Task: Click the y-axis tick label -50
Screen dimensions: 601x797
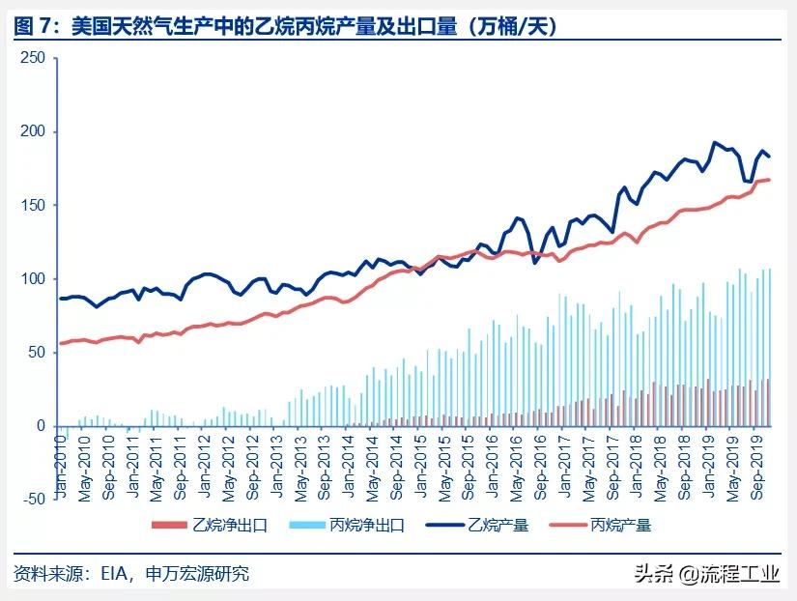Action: point(32,499)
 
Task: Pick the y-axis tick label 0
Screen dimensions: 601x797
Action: point(40,425)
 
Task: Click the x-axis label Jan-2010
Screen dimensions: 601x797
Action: point(61,462)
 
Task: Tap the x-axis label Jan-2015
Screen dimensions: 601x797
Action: point(419,462)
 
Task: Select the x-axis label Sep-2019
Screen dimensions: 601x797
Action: point(757,462)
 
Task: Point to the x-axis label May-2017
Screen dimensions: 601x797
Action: point(586,462)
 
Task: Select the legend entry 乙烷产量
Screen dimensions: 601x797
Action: point(498,526)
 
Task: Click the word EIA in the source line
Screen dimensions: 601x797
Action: point(114,574)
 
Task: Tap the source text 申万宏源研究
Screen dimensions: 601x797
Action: point(198,574)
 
